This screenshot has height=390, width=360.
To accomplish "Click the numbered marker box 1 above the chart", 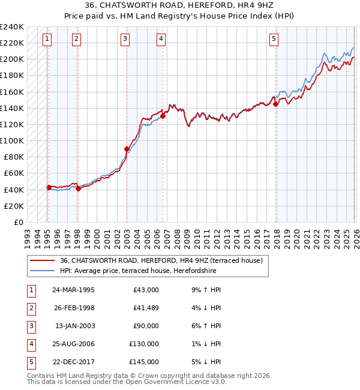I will (47, 40).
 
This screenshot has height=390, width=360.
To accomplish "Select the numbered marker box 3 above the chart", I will (125, 40).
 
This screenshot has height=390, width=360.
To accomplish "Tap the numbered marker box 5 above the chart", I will (274, 40).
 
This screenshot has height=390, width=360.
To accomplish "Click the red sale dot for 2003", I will (127, 149).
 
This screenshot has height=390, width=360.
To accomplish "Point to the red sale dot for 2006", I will (163, 116).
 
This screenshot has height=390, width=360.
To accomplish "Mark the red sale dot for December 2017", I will (275, 104).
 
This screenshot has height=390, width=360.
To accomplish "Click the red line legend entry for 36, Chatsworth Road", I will (161, 260).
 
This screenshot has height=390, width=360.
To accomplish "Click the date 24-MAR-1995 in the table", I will (73, 290).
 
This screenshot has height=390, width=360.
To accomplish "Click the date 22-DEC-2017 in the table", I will (73, 362).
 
